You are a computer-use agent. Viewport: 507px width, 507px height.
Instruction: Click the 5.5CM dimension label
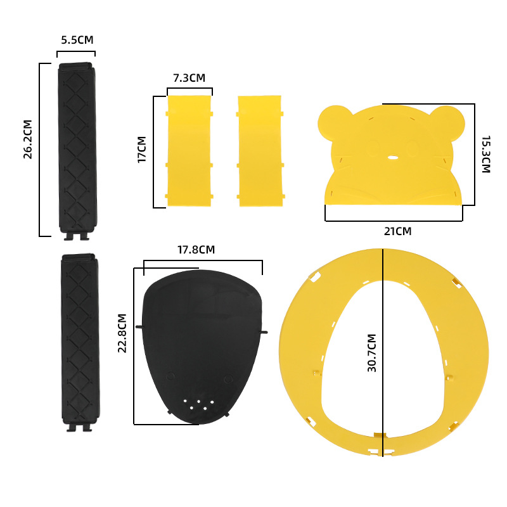(x=77, y=40)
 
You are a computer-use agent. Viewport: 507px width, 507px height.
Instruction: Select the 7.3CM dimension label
(x=189, y=78)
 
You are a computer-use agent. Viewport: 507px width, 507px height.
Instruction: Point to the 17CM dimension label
(x=142, y=150)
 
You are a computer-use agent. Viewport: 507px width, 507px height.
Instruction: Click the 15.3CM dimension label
(x=485, y=154)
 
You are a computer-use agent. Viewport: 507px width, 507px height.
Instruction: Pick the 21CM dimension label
(x=397, y=231)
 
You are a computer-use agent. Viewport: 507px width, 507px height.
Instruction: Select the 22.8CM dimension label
(x=123, y=333)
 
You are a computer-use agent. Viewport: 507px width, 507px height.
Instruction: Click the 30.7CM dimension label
(x=372, y=352)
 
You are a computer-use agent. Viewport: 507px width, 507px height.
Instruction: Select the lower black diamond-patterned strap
(x=79, y=338)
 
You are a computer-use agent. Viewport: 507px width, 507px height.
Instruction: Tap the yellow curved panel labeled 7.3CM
(x=189, y=151)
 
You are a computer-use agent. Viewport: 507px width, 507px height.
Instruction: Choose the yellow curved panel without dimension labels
(x=259, y=151)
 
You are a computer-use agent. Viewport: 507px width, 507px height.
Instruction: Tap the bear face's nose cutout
(x=393, y=156)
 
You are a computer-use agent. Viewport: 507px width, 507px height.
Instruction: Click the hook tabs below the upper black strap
(x=77, y=237)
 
